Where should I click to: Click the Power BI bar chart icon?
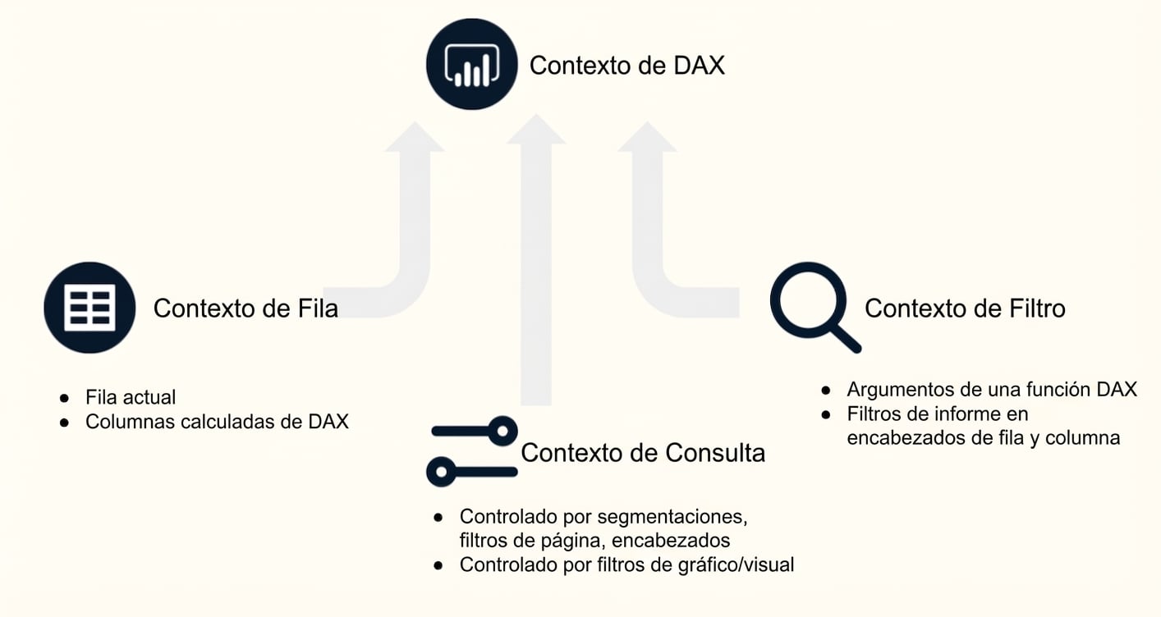[x=471, y=64]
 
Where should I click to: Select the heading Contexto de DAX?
[x=626, y=66]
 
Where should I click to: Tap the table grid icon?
[x=89, y=308]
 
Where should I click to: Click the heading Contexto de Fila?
[x=246, y=308]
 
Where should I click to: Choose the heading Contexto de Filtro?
[x=965, y=308]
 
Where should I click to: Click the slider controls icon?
[x=472, y=451]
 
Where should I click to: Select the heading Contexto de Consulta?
[x=643, y=453]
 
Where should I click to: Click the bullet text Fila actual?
[x=131, y=397]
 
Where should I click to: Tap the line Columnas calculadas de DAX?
[x=217, y=422]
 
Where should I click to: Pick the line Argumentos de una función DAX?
[x=992, y=390]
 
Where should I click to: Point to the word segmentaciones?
[x=672, y=517]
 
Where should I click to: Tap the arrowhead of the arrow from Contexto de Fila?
[x=415, y=137]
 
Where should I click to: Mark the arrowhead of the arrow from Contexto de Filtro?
[x=647, y=137]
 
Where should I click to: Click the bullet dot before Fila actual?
[x=64, y=399]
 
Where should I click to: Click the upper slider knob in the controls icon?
[x=502, y=431]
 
